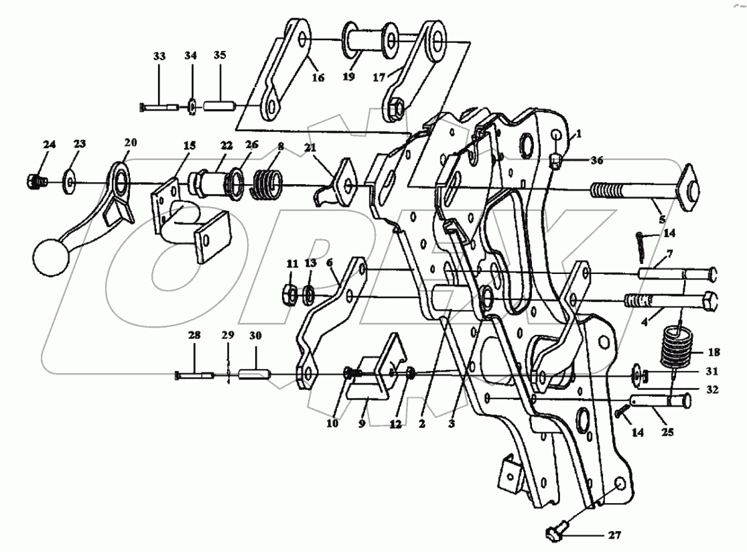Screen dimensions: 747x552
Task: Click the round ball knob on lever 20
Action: pos(48,257)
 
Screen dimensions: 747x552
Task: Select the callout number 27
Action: pos(614,535)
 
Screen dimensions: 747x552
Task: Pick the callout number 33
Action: pos(159,56)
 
